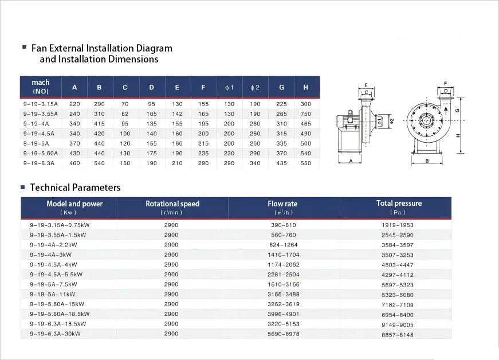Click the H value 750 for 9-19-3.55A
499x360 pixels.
pos(305,114)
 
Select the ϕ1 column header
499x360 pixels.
pos(230,88)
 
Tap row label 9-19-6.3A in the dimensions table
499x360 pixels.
pos(39,163)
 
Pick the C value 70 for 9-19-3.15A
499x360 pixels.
pos(125,104)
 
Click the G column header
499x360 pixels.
pos(281,87)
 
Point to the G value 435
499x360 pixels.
pos(281,163)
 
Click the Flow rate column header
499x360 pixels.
pos(282,204)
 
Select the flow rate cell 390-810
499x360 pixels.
pos(283,225)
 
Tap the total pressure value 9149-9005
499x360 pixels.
pos(398,324)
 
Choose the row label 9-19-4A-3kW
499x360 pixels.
pos(51,255)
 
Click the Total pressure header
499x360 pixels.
pos(399,203)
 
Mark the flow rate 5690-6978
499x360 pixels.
pos(283,334)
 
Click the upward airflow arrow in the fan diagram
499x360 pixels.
pos(446,111)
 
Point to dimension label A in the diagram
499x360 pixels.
pos(351,161)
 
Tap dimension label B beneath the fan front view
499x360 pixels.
pos(427,161)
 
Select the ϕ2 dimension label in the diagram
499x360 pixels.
pos(392,121)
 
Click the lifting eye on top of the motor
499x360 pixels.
pos(350,112)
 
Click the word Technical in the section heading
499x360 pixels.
pos(50,187)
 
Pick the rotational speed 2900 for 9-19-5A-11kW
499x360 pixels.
pos(171,294)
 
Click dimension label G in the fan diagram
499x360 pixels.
pos(458,111)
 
